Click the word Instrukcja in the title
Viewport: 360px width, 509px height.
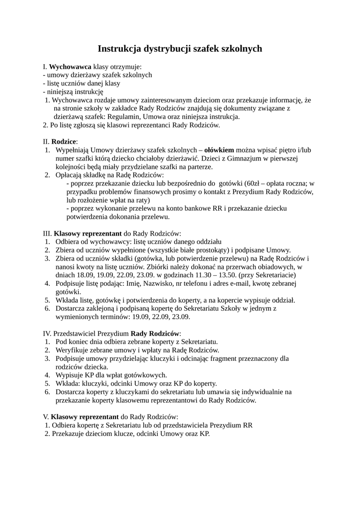(x=119, y=49)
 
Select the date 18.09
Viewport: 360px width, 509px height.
(x=66, y=275)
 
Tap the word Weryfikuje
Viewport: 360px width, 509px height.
(x=74, y=350)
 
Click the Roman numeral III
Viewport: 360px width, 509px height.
(x=47, y=233)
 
